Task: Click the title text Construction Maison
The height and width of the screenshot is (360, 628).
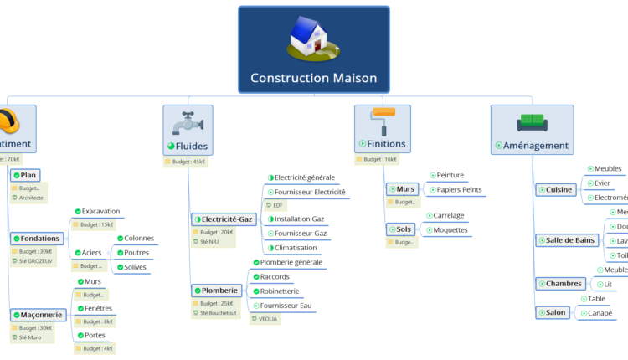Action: coord(313,79)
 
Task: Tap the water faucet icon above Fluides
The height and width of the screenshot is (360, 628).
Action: coord(188,122)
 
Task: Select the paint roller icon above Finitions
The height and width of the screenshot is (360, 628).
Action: coord(383,121)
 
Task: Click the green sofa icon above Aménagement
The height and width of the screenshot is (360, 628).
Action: coord(532,122)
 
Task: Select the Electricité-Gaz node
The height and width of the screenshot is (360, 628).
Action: coord(223,219)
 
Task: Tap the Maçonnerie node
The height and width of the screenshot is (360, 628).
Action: coord(37,315)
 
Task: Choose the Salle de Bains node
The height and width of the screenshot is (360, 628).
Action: coord(565,240)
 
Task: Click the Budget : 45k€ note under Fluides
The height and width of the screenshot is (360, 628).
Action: coord(185,162)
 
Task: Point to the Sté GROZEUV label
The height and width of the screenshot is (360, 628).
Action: coord(36,261)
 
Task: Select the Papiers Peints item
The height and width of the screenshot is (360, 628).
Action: coord(459,190)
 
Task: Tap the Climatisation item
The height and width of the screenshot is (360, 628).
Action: coord(296,248)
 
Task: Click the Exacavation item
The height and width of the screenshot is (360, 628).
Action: coord(100,211)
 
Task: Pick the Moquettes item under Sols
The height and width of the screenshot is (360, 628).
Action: coord(450,230)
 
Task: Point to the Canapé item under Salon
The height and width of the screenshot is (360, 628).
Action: coord(599,314)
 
